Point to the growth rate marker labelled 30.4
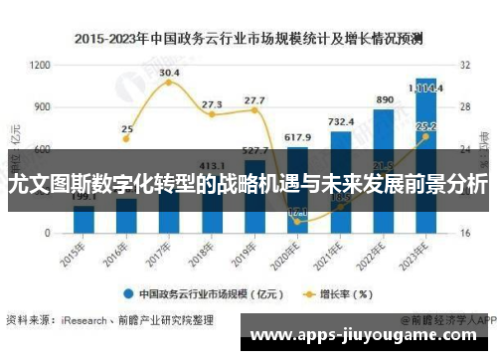tap(169, 83)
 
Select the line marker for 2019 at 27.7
tap(254, 110)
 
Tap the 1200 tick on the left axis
tap(41, 65)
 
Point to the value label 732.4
tap(341, 121)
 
